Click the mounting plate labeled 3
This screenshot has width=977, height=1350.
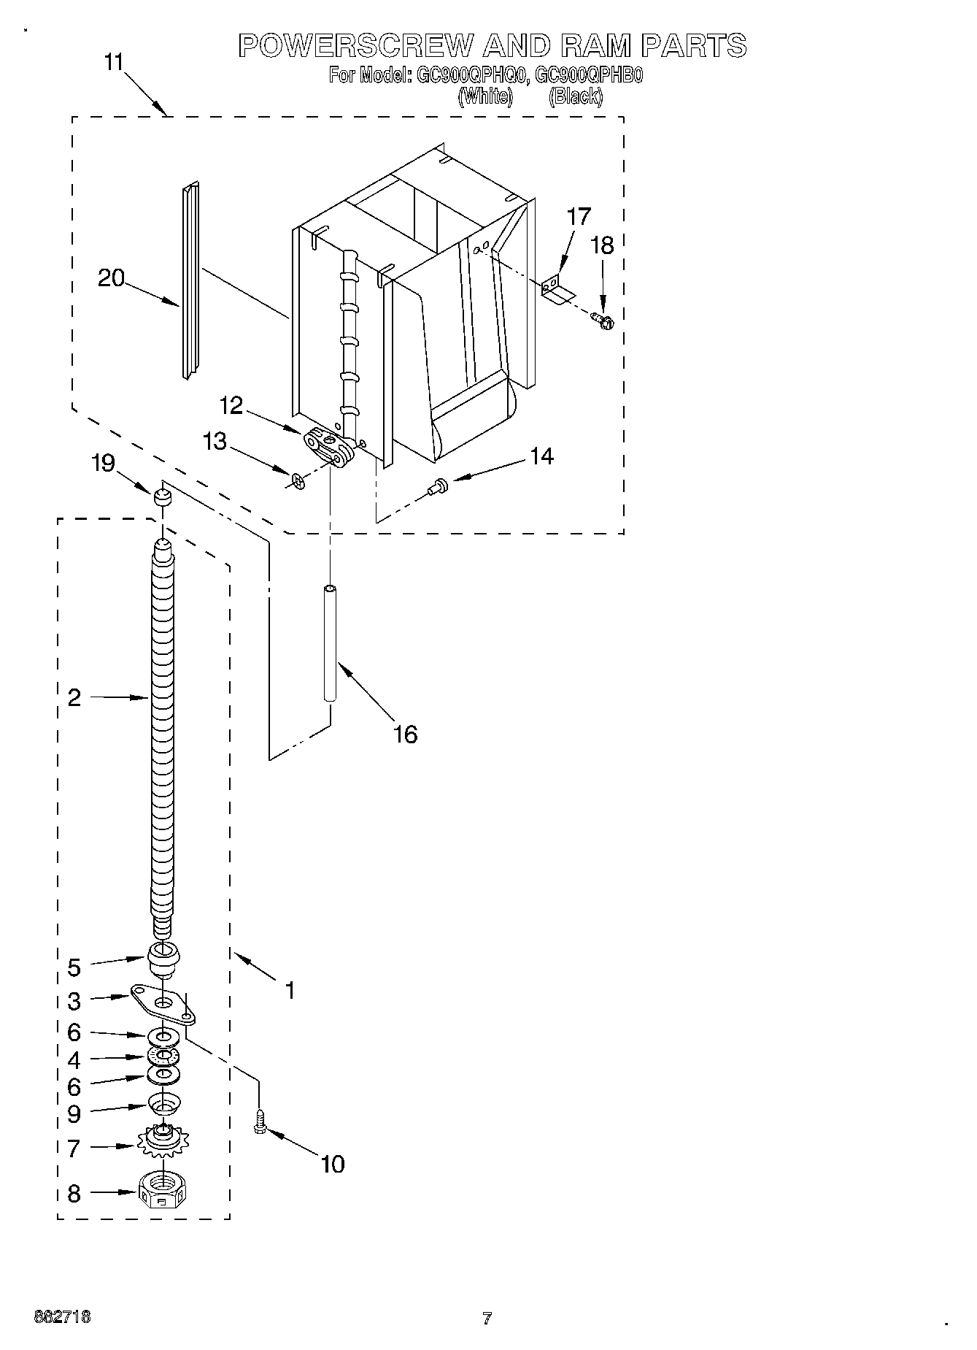point(164,1003)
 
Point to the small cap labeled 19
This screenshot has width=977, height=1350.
point(162,498)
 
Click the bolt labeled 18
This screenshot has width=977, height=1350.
point(603,319)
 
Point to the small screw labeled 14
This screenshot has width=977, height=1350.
point(439,483)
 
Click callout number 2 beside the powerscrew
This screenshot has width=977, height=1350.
point(74,697)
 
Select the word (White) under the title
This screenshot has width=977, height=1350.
point(484,96)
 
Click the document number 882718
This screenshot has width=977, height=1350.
point(63,1317)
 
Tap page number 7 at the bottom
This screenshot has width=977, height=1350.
point(487,1319)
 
